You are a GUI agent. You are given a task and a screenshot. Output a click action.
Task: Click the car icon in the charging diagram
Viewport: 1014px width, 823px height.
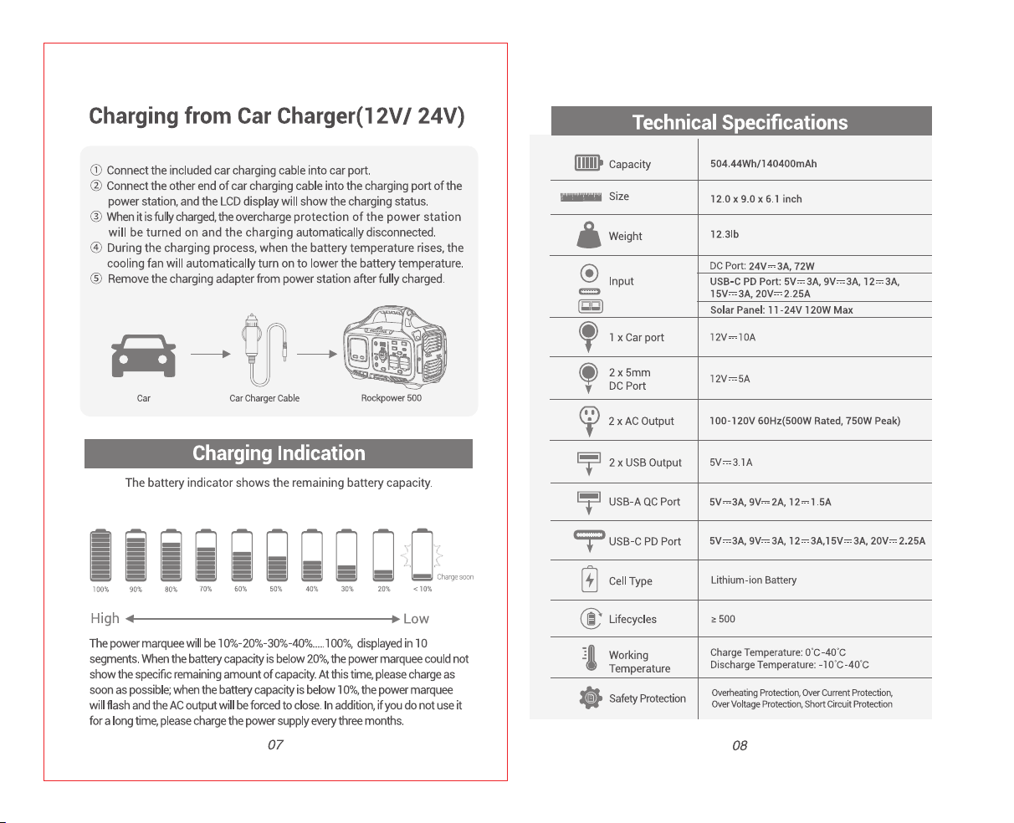tap(143, 355)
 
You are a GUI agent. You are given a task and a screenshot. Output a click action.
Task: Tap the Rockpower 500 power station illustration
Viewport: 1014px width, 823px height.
tap(395, 347)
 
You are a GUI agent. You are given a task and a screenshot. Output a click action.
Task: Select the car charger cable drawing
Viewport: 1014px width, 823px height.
tap(264, 350)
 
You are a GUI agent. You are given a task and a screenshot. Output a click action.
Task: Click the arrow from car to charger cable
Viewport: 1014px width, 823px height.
tap(211, 354)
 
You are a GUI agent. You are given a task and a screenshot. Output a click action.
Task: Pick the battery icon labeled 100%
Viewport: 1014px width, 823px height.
tap(100, 555)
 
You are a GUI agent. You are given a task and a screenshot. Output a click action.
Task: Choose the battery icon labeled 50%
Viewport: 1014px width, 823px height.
tap(277, 555)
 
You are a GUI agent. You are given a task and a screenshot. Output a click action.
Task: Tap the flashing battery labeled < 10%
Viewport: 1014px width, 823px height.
tap(422, 555)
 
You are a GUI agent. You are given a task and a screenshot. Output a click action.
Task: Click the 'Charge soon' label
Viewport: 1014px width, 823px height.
tap(455, 577)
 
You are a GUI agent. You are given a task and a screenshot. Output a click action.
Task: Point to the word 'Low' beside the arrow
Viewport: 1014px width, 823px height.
tap(416, 619)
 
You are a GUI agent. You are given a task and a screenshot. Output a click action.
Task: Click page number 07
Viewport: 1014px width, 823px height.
tap(275, 745)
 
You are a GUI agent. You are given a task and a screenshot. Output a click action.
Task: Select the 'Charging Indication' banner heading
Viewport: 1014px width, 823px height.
tap(279, 453)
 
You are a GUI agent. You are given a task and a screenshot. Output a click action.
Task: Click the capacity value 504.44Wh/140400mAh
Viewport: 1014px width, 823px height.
tap(763, 164)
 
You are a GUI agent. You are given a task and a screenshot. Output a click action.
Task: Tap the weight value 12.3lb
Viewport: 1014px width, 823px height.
tap(724, 234)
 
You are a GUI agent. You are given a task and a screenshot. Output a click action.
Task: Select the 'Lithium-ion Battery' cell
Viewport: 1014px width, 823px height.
tap(753, 580)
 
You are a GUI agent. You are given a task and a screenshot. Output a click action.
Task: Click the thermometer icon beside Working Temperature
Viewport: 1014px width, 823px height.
tap(590, 658)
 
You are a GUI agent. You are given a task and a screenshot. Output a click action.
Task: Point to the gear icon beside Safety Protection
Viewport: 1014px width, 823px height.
tap(591, 698)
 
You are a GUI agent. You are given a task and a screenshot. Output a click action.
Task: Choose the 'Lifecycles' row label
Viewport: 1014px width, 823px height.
tap(632, 619)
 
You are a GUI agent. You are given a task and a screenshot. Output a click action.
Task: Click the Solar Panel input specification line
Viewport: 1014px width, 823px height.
tap(781, 309)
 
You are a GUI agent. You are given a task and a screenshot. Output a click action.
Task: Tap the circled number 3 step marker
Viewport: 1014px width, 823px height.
tap(96, 217)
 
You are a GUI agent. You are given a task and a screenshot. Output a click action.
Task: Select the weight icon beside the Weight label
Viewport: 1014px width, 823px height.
tap(589, 235)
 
